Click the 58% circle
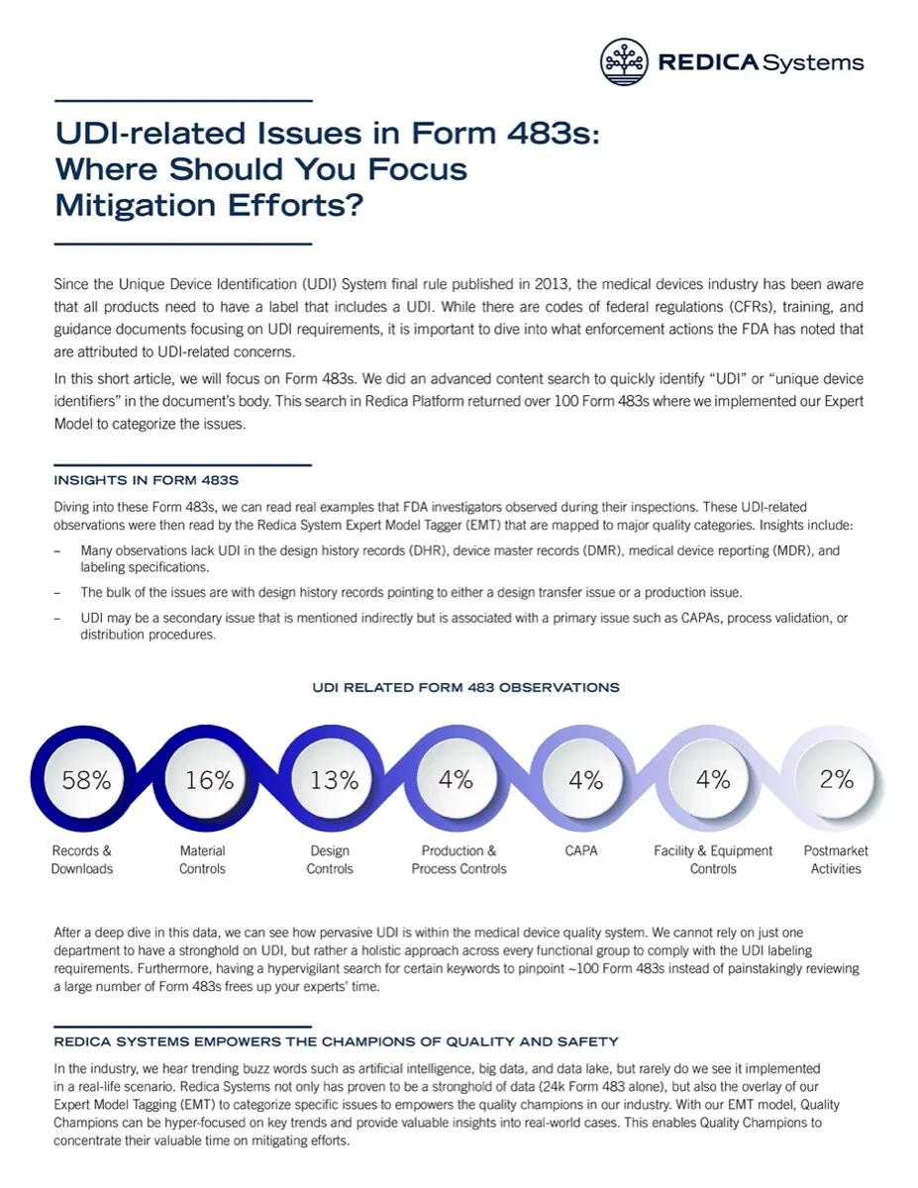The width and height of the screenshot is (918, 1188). point(86,779)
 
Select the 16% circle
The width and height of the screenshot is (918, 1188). point(209,779)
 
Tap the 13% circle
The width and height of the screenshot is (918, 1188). point(334,779)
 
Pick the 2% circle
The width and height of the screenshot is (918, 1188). point(837,779)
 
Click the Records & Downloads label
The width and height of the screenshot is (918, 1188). point(82,859)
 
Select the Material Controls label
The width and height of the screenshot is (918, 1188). point(202,859)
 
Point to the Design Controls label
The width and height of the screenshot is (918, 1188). point(330,859)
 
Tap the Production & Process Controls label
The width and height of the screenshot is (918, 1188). point(459,859)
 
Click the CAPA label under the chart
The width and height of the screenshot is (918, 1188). point(580,850)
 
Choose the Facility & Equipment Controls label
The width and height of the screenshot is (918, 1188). point(713,859)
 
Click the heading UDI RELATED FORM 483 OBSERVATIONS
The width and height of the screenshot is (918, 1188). point(465,687)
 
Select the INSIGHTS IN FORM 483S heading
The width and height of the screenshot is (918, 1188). point(146,481)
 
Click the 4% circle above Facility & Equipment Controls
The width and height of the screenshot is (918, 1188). point(712,779)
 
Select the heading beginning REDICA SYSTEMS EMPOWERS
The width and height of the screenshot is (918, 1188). point(336,1041)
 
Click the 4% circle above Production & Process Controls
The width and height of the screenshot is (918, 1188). point(456,779)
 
